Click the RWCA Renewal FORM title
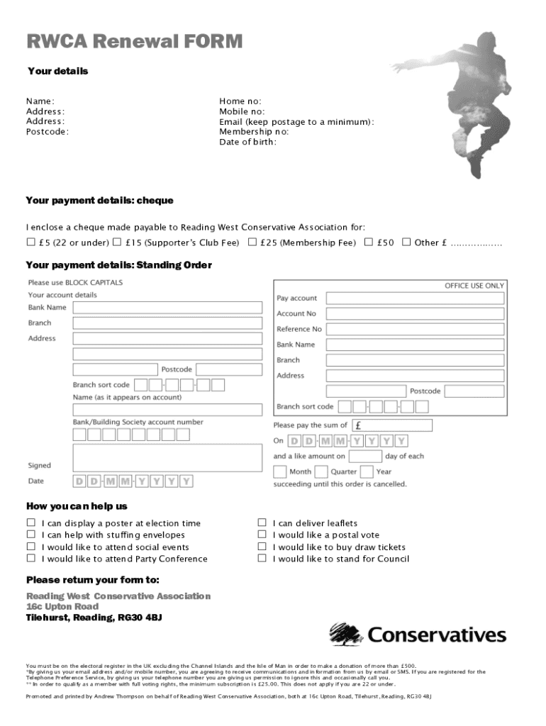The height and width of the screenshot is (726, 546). [x=135, y=43]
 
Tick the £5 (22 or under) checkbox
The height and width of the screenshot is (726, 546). [x=30, y=242]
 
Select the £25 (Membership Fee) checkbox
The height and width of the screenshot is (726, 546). [x=252, y=242]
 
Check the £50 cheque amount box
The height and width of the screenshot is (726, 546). [x=369, y=242]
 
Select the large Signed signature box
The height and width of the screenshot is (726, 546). [x=167, y=457]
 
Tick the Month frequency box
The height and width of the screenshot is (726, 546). [x=279, y=471]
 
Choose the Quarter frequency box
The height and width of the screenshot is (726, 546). [x=321, y=471]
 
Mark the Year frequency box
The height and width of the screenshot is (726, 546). [x=367, y=471]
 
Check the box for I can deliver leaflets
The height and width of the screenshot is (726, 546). [x=262, y=523]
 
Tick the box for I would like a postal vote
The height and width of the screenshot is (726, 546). [x=262, y=535]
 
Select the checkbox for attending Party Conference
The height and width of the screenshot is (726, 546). [x=30, y=559]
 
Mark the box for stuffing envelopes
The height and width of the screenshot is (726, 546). [x=30, y=535]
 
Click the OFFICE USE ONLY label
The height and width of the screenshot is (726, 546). [x=474, y=286]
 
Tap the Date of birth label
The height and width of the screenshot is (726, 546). [x=247, y=142]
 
